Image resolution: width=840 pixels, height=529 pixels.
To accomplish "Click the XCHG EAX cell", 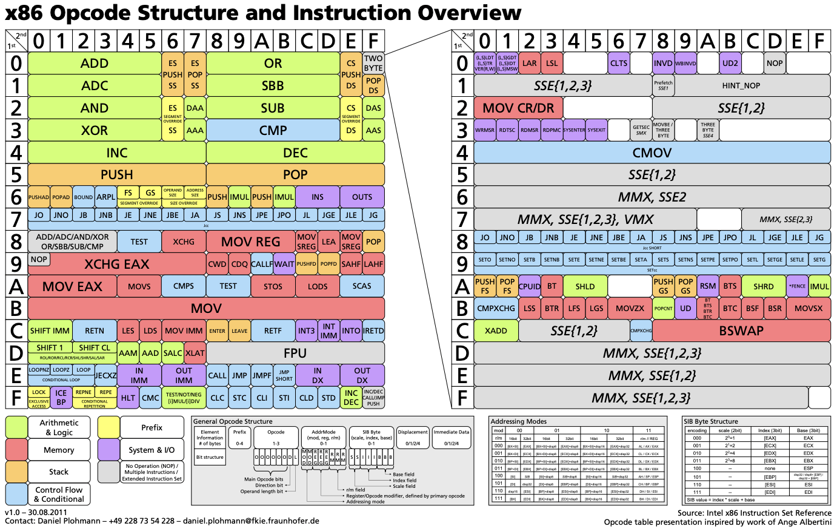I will coord(117,264).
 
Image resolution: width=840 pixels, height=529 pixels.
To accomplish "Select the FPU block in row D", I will coord(295,353).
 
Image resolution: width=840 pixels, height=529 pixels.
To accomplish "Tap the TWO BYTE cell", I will coord(373,63).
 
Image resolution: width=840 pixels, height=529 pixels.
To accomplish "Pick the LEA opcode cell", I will coord(328,241).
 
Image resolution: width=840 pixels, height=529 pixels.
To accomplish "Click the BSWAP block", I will coord(741,331).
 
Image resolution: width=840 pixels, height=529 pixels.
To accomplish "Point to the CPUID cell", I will coord(530,286).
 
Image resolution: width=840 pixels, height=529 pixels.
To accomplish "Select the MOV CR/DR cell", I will coord(519,108).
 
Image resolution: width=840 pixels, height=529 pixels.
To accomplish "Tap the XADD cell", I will coord(496,331).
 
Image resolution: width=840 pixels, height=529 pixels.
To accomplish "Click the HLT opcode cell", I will coord(128,398).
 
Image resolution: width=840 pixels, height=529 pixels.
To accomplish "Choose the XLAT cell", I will coord(195,353).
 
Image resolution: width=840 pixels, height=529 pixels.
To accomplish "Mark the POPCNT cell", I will coord(664,309).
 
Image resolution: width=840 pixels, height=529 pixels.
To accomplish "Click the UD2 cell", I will coord(730,63).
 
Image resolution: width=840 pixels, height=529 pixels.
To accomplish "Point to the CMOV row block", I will coord(652,153).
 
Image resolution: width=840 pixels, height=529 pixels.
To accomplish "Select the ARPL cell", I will coord(105,197).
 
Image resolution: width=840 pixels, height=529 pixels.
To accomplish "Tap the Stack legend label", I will coord(59,471).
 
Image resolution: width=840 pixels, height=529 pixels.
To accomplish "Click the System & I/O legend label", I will coord(152,450).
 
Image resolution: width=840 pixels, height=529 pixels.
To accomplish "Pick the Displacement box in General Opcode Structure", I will coord(413,436).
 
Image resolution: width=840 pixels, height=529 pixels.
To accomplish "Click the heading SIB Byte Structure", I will coord(711,421).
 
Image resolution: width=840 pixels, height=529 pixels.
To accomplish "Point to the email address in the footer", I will coord(251,521).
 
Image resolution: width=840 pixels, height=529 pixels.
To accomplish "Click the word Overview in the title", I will coord(452,13).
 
